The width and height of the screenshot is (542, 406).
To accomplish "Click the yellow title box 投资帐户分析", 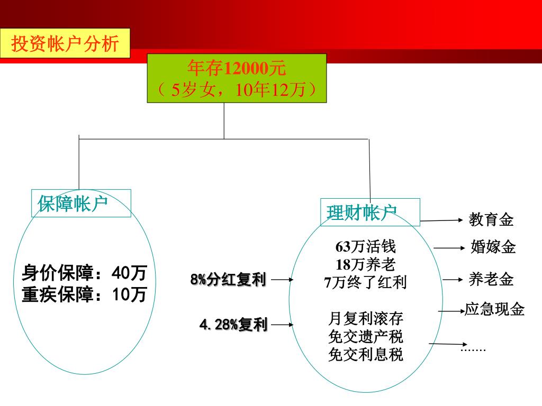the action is click(65, 43).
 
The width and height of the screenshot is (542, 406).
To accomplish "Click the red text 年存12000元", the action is click(237, 68).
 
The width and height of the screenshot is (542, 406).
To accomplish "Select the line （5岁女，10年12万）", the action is click(237, 90).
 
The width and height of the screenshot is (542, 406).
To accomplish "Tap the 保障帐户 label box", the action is click(81, 204).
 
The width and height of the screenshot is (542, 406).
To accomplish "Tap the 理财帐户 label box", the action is click(369, 212).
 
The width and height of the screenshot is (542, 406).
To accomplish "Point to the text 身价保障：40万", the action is click(84, 274).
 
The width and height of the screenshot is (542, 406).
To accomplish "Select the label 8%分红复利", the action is click(228, 280).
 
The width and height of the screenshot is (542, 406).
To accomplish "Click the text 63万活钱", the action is click(365, 247).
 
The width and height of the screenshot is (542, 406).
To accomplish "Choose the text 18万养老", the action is click(365, 264).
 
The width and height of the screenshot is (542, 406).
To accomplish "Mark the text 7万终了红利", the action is click(365, 282).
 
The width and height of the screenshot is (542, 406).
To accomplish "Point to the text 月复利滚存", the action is click(365, 318).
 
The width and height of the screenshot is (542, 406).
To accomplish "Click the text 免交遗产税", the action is click(365, 336).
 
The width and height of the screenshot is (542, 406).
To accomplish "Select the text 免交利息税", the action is click(365, 354).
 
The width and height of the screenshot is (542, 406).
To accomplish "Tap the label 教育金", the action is click(491, 219).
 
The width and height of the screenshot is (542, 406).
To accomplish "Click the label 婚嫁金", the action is click(493, 247).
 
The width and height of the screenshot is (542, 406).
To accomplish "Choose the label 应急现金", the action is click(494, 309).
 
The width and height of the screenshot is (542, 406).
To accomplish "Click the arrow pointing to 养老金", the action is click(453, 279).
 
